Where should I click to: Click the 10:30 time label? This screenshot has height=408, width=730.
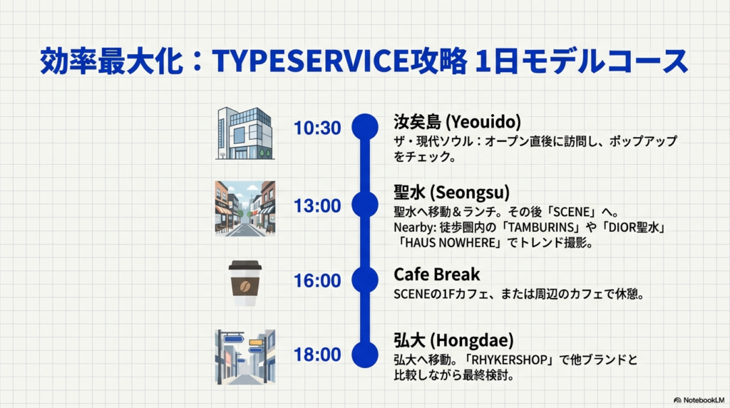tap(317, 128)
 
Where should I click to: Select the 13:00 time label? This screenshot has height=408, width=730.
tap(317, 206)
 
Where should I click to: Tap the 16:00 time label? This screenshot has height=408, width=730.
tap(317, 280)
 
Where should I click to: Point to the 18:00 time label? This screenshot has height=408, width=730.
tap(317, 355)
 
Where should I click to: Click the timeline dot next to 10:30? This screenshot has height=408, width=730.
tap(365, 126)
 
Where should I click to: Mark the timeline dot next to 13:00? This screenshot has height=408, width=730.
tap(365, 205)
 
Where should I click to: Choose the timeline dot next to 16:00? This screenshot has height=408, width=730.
tap(365, 280)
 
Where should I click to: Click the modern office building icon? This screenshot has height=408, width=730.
tap(245, 133)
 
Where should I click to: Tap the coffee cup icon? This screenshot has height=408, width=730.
tap(245, 283)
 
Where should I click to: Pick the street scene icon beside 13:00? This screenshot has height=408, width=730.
tap(245, 208)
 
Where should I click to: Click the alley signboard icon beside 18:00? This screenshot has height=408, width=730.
tap(245, 357)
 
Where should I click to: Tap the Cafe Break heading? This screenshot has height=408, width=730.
tap(436, 274)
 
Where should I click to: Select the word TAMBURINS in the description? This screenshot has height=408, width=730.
tap(535, 228)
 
